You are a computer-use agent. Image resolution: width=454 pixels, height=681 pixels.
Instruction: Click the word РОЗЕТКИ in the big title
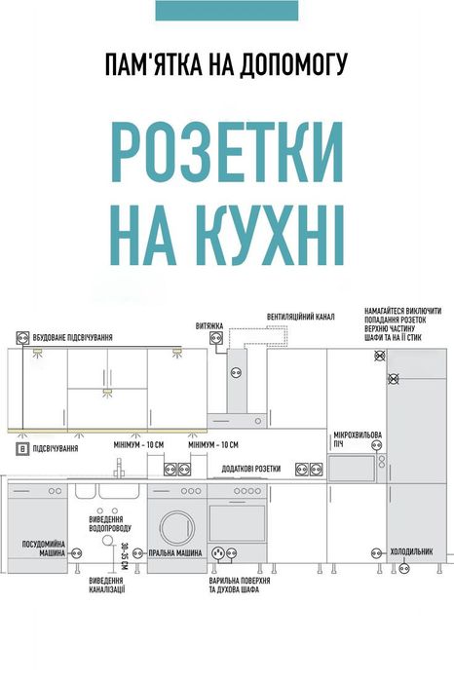coord(226,152)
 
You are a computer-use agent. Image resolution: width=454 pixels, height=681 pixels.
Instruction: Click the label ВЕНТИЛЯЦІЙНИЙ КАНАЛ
coord(301,317)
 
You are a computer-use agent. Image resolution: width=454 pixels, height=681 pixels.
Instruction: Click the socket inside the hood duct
coord(235,373)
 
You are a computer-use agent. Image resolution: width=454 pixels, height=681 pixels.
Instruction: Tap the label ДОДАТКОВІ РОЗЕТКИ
coord(252,469)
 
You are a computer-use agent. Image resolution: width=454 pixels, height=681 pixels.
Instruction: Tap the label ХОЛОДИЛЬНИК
coord(411,551)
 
